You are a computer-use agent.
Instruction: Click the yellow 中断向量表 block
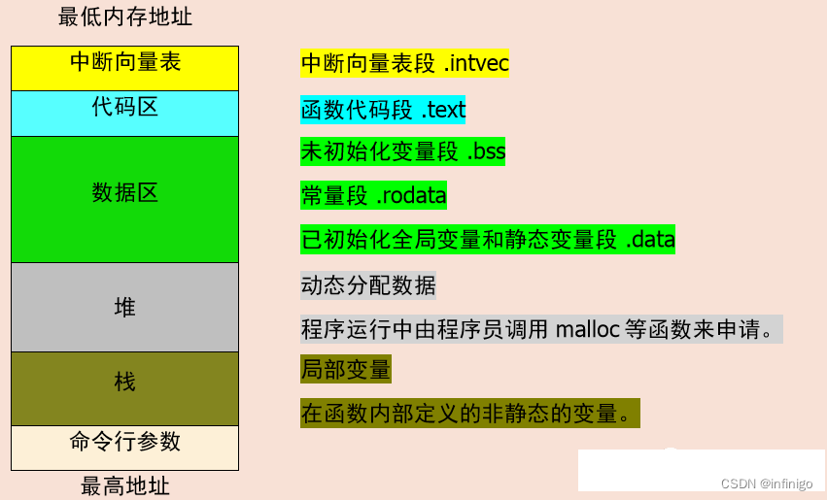pos(124,67)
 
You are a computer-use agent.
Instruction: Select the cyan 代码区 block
pos(124,113)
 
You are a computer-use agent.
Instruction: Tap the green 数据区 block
pos(124,198)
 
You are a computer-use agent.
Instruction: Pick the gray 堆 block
pos(124,307)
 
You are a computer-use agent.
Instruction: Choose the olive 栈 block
pos(124,387)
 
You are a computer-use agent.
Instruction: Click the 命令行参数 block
pos(124,447)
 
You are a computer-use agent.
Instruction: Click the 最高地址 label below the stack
pos(124,485)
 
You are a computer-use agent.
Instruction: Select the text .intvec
pos(476,64)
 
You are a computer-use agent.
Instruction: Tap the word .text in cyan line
pos(443,110)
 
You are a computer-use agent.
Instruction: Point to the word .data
pos(649,239)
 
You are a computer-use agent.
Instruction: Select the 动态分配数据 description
pos(368,285)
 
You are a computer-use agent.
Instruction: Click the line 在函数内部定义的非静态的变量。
pos(470,414)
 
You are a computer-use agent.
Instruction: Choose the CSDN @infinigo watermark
pos(774,483)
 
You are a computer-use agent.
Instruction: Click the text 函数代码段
pos(357,110)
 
